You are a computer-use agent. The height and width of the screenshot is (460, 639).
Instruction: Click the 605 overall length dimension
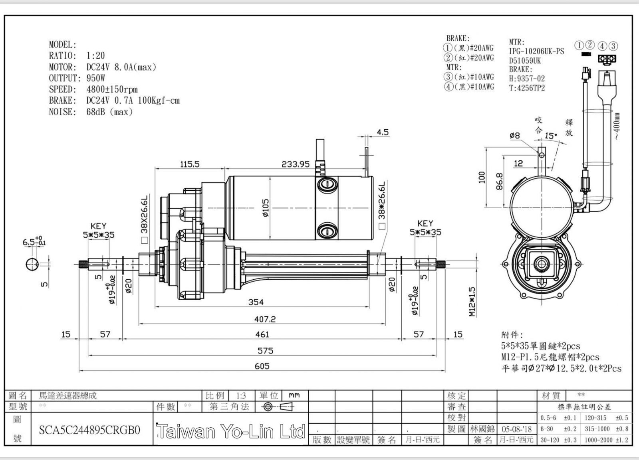[x=262, y=366]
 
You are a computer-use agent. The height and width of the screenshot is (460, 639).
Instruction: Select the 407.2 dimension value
[x=265, y=319]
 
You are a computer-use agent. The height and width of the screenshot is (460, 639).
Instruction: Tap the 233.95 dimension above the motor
[x=296, y=164]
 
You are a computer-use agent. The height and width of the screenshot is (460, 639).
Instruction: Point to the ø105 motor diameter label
[x=266, y=208]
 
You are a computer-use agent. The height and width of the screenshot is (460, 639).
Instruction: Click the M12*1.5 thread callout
[x=472, y=302]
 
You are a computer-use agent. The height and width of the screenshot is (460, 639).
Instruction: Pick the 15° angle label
[x=551, y=136]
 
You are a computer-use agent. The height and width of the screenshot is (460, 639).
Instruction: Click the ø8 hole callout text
[x=515, y=135]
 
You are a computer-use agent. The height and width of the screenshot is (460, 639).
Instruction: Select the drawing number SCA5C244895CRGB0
[x=89, y=430]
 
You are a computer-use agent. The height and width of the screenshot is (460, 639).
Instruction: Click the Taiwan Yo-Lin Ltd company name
[x=231, y=431]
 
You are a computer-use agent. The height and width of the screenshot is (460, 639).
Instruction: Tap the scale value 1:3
[x=241, y=396]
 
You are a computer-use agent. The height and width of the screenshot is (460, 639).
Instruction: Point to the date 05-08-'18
[x=517, y=429]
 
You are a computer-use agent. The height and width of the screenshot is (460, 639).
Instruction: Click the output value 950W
[x=96, y=78]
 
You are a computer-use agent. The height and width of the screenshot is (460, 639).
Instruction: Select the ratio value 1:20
[x=95, y=55]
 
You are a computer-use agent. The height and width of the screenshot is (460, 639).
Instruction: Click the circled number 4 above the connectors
[x=602, y=46]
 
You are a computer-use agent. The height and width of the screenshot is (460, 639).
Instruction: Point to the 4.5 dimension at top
[x=383, y=132]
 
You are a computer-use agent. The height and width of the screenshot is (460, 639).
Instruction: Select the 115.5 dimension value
[x=190, y=164]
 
